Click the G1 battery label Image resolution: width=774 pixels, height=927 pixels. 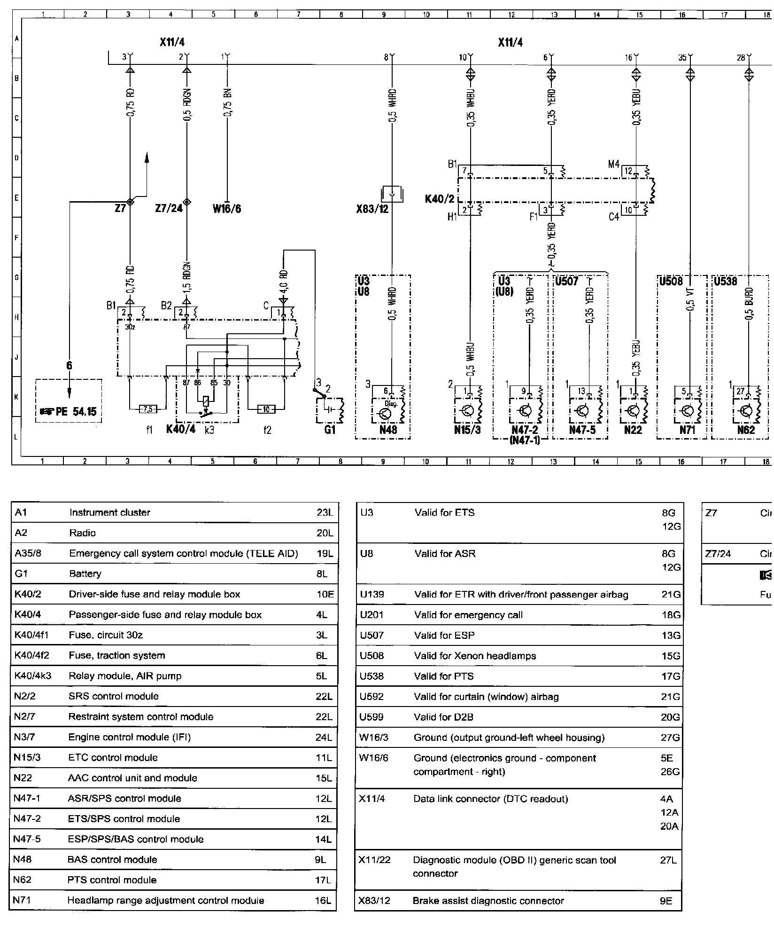(330, 430)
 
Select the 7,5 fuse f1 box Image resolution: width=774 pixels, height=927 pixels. (148, 409)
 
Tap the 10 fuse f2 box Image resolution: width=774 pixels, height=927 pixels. (266, 409)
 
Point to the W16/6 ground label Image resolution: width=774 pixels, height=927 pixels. (227, 208)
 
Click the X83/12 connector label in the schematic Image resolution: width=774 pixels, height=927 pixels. (372, 209)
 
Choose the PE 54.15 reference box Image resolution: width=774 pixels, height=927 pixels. (69, 412)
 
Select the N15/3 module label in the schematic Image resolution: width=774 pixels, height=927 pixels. (468, 430)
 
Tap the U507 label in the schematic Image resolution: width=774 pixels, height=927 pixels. (566, 282)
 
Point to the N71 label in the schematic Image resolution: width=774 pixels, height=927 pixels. (687, 430)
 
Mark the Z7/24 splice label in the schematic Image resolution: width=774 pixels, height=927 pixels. (169, 208)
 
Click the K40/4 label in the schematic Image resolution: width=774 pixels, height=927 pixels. (181, 430)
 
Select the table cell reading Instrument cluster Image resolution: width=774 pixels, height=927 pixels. (109, 513)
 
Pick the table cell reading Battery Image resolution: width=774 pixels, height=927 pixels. (85, 573)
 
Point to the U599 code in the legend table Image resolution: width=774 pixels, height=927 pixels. (372, 717)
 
